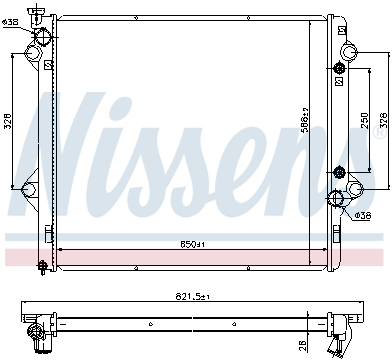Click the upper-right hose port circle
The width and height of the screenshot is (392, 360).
[349, 52]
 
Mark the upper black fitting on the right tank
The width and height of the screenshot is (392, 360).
[339, 68]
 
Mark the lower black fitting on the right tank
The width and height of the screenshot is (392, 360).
[339, 172]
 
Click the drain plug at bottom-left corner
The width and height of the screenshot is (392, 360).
[41, 265]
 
